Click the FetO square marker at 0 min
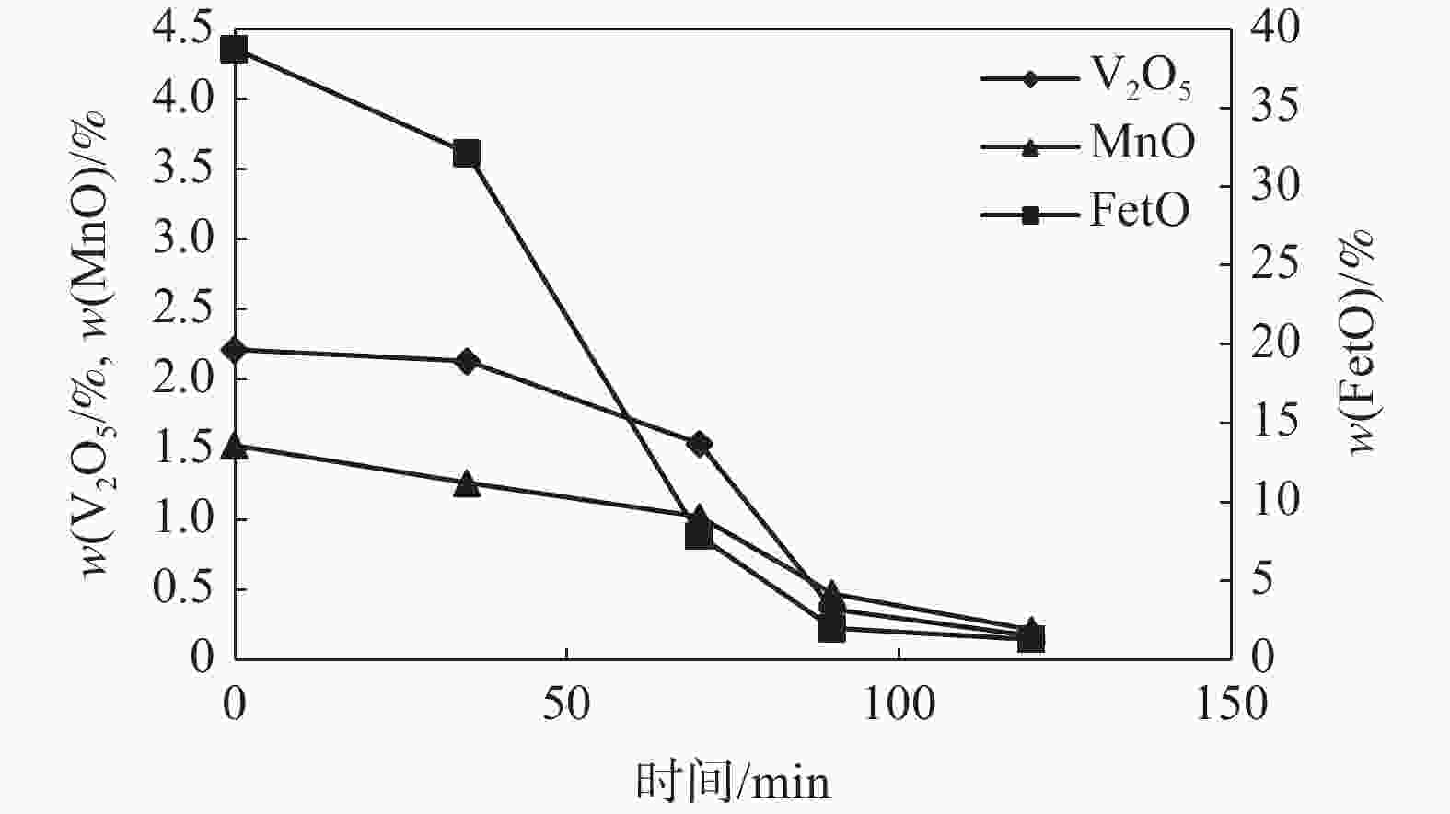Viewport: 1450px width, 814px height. click(x=235, y=49)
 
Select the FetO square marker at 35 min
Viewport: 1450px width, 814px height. click(x=467, y=154)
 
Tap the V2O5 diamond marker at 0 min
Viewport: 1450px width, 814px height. click(x=235, y=350)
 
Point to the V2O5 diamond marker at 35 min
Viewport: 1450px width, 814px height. click(x=467, y=361)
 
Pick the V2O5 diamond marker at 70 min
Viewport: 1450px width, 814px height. click(x=699, y=444)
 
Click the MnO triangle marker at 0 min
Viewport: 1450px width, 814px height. click(x=235, y=447)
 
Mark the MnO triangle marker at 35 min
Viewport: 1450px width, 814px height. click(x=467, y=484)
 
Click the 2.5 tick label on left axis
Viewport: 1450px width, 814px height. click(x=185, y=309)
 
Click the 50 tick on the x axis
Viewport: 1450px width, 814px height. click(x=565, y=704)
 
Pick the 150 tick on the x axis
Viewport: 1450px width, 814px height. click(x=1230, y=704)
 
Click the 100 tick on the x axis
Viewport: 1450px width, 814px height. click(x=897, y=704)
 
